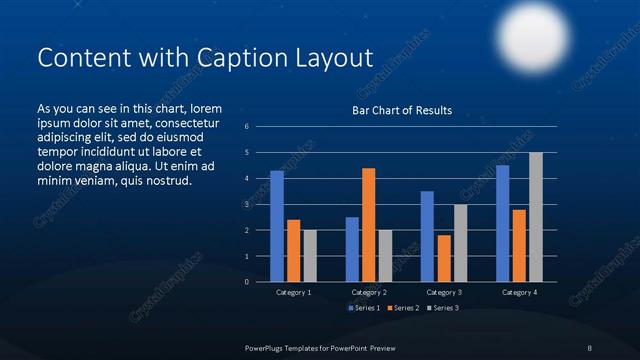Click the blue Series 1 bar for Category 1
coord(277,226)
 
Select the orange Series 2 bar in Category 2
coord(369,225)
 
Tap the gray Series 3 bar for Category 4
coord(536,217)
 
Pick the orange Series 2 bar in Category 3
coord(444,258)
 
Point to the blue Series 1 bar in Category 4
coord(502,223)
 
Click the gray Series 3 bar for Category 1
coord(310,256)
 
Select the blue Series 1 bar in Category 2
coord(352,249)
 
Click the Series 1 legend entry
coord(363,307)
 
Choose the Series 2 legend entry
coord(403,307)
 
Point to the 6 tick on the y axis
coord(260,127)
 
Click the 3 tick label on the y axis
coord(260,204)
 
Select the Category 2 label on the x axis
coord(369,292)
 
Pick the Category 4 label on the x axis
coord(519,292)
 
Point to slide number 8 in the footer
coord(590,346)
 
